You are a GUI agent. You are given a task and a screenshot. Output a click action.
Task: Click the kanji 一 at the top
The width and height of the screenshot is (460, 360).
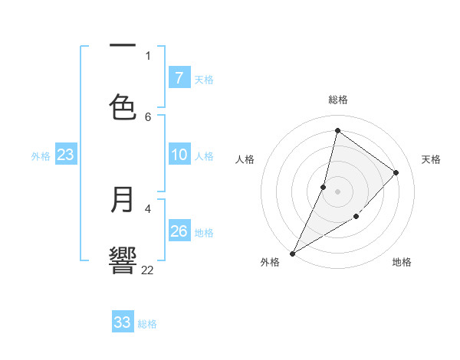click(123, 46)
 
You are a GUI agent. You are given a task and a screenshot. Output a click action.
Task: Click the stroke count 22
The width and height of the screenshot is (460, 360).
click(147, 270)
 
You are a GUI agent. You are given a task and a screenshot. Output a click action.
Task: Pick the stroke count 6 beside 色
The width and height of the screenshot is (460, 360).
click(148, 116)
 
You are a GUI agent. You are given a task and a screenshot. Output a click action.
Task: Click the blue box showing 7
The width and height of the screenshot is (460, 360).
click(179, 78)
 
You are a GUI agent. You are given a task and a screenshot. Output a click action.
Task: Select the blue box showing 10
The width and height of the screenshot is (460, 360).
click(179, 155)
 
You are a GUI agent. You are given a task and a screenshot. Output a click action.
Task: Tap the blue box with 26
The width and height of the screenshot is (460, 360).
click(179, 231)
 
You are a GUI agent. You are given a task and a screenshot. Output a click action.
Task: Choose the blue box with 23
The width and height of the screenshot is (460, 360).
click(65, 155)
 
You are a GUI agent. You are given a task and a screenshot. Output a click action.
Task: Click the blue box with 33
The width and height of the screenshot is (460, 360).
click(122, 322)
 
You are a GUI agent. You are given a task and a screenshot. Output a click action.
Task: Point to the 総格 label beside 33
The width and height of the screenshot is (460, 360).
click(147, 324)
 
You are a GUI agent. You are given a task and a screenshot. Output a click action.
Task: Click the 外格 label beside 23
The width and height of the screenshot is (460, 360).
click(41, 156)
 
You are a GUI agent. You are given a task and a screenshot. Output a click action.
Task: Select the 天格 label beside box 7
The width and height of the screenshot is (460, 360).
click(203, 80)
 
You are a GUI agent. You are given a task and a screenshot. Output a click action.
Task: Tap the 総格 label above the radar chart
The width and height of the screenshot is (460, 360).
click(338, 100)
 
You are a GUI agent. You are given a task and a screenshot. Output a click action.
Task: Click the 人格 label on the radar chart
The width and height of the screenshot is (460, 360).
click(245, 159)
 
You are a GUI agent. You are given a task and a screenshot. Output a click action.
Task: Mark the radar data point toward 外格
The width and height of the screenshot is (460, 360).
click(292, 253)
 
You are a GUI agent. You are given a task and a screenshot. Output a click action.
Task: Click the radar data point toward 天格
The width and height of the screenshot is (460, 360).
click(396, 172)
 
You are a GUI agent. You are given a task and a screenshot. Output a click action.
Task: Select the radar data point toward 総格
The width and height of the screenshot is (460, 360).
click(337, 130)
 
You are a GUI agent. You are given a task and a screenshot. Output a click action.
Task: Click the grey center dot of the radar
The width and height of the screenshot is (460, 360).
click(337, 191)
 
